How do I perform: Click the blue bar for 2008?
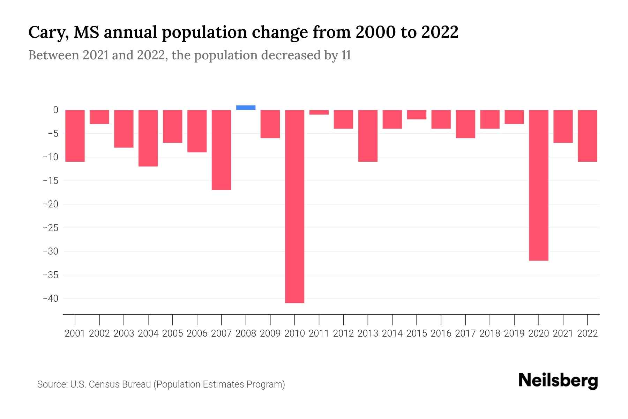[246, 108]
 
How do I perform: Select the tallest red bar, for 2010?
[294, 206]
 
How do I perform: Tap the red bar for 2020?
[538, 185]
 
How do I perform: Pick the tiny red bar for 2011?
[319, 112]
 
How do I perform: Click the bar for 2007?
[221, 150]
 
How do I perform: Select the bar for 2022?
[587, 136]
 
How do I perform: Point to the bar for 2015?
[417, 115]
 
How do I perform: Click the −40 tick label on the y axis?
[50, 299]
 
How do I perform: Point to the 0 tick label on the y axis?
[55, 110]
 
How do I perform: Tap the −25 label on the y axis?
[50, 228]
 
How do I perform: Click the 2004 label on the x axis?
[148, 333]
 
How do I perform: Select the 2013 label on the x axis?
[368, 333]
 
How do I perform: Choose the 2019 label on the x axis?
[514, 333]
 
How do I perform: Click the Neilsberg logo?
[558, 381]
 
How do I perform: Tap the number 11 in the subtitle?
[346, 55]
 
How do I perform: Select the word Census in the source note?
[103, 384]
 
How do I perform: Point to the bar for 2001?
[75, 136]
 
